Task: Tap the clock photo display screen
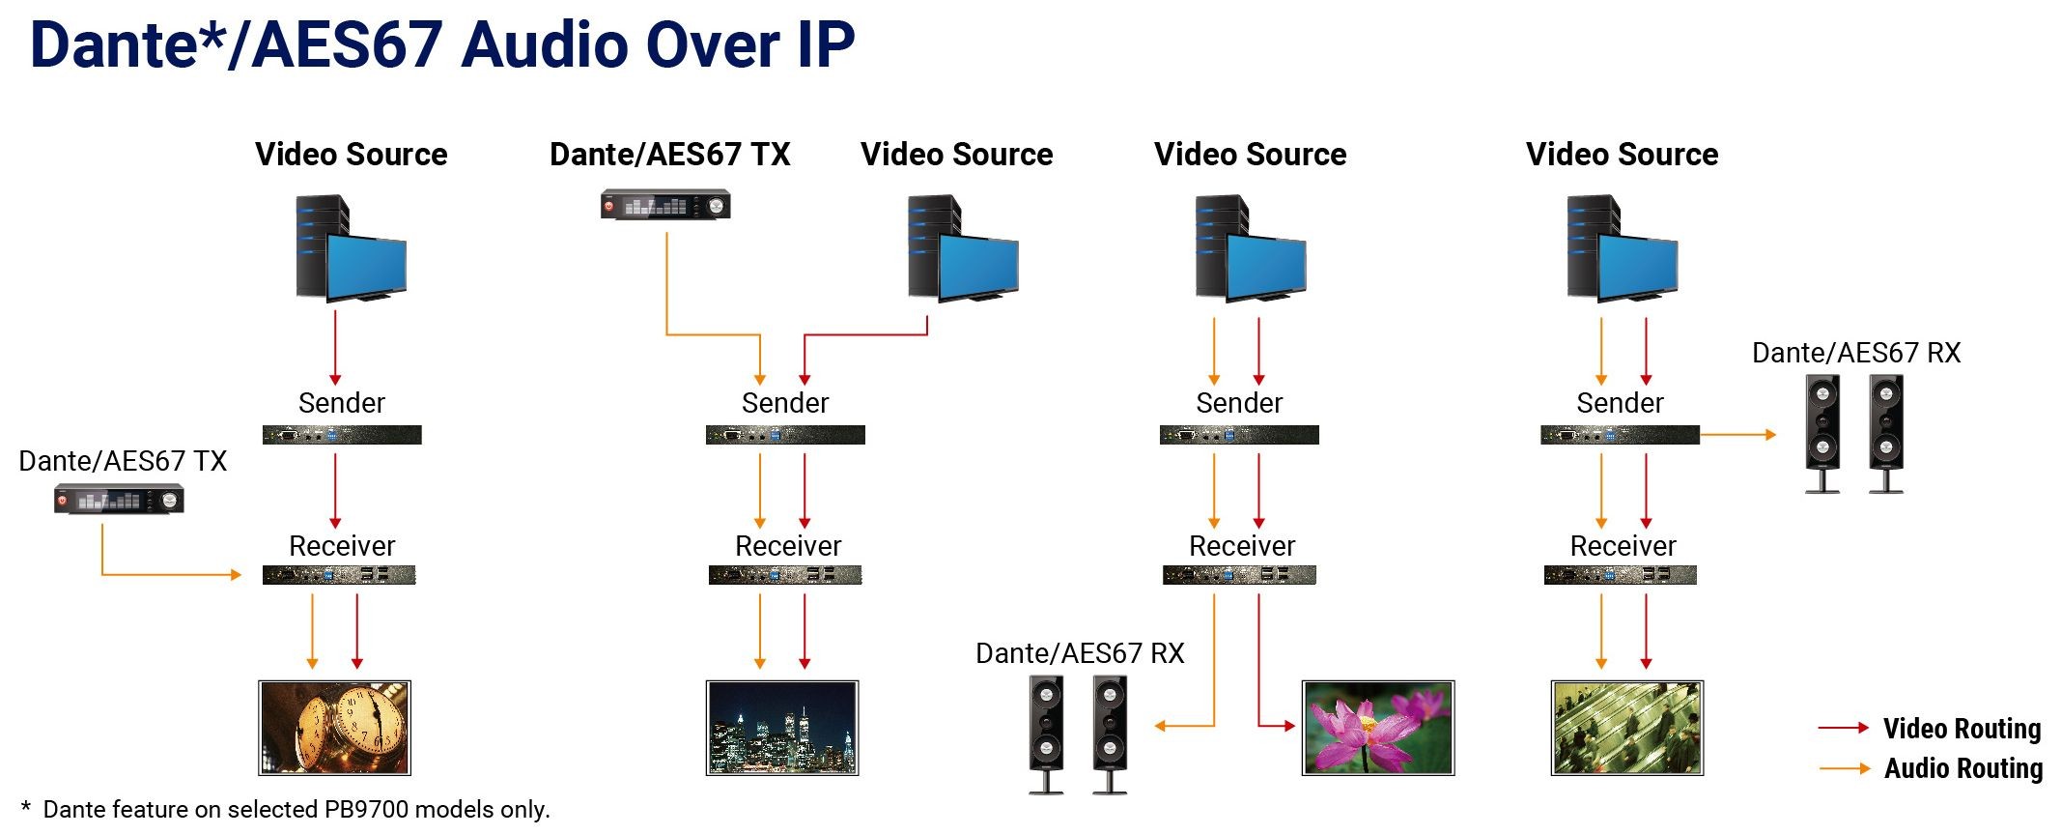(x=334, y=728)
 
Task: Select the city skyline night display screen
(x=782, y=728)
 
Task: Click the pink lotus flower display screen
(x=1378, y=728)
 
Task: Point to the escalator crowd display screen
(x=1627, y=728)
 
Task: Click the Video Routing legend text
(x=1962, y=729)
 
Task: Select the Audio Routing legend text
(x=1962, y=768)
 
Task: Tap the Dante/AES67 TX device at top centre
(x=665, y=205)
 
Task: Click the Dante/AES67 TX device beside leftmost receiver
(x=119, y=500)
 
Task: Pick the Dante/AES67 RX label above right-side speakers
(x=1855, y=353)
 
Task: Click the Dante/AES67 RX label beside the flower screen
(x=1079, y=653)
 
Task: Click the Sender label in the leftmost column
(x=341, y=403)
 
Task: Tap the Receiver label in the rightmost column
(x=1623, y=546)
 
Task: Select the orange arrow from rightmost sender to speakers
(x=1738, y=435)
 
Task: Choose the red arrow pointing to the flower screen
(x=1275, y=726)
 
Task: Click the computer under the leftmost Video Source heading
(x=350, y=248)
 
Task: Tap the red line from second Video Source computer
(x=864, y=335)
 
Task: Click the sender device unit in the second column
(x=785, y=435)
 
